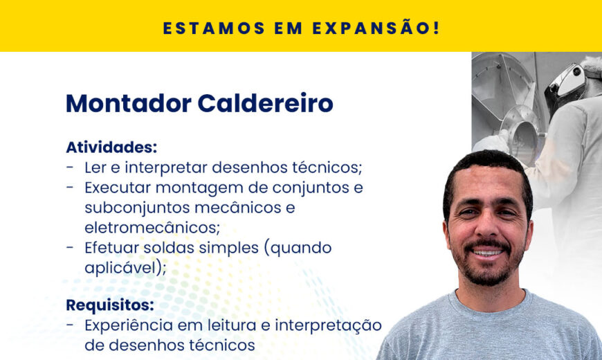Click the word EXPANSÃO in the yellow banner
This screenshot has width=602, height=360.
(376, 28)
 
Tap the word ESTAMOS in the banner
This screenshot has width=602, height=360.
(215, 28)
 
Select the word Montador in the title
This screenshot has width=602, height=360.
(129, 103)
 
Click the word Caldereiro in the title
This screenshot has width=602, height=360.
(265, 103)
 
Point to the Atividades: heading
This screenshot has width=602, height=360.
(111, 147)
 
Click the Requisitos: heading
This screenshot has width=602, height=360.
(110, 305)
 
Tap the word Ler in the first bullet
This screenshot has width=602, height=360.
(95, 168)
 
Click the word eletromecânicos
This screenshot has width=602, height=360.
(152, 228)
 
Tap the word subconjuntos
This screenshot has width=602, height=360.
(137, 208)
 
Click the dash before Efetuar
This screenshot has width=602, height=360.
(70, 247)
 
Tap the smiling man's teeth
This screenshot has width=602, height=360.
(487, 253)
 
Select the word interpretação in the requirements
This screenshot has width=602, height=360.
(328, 326)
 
